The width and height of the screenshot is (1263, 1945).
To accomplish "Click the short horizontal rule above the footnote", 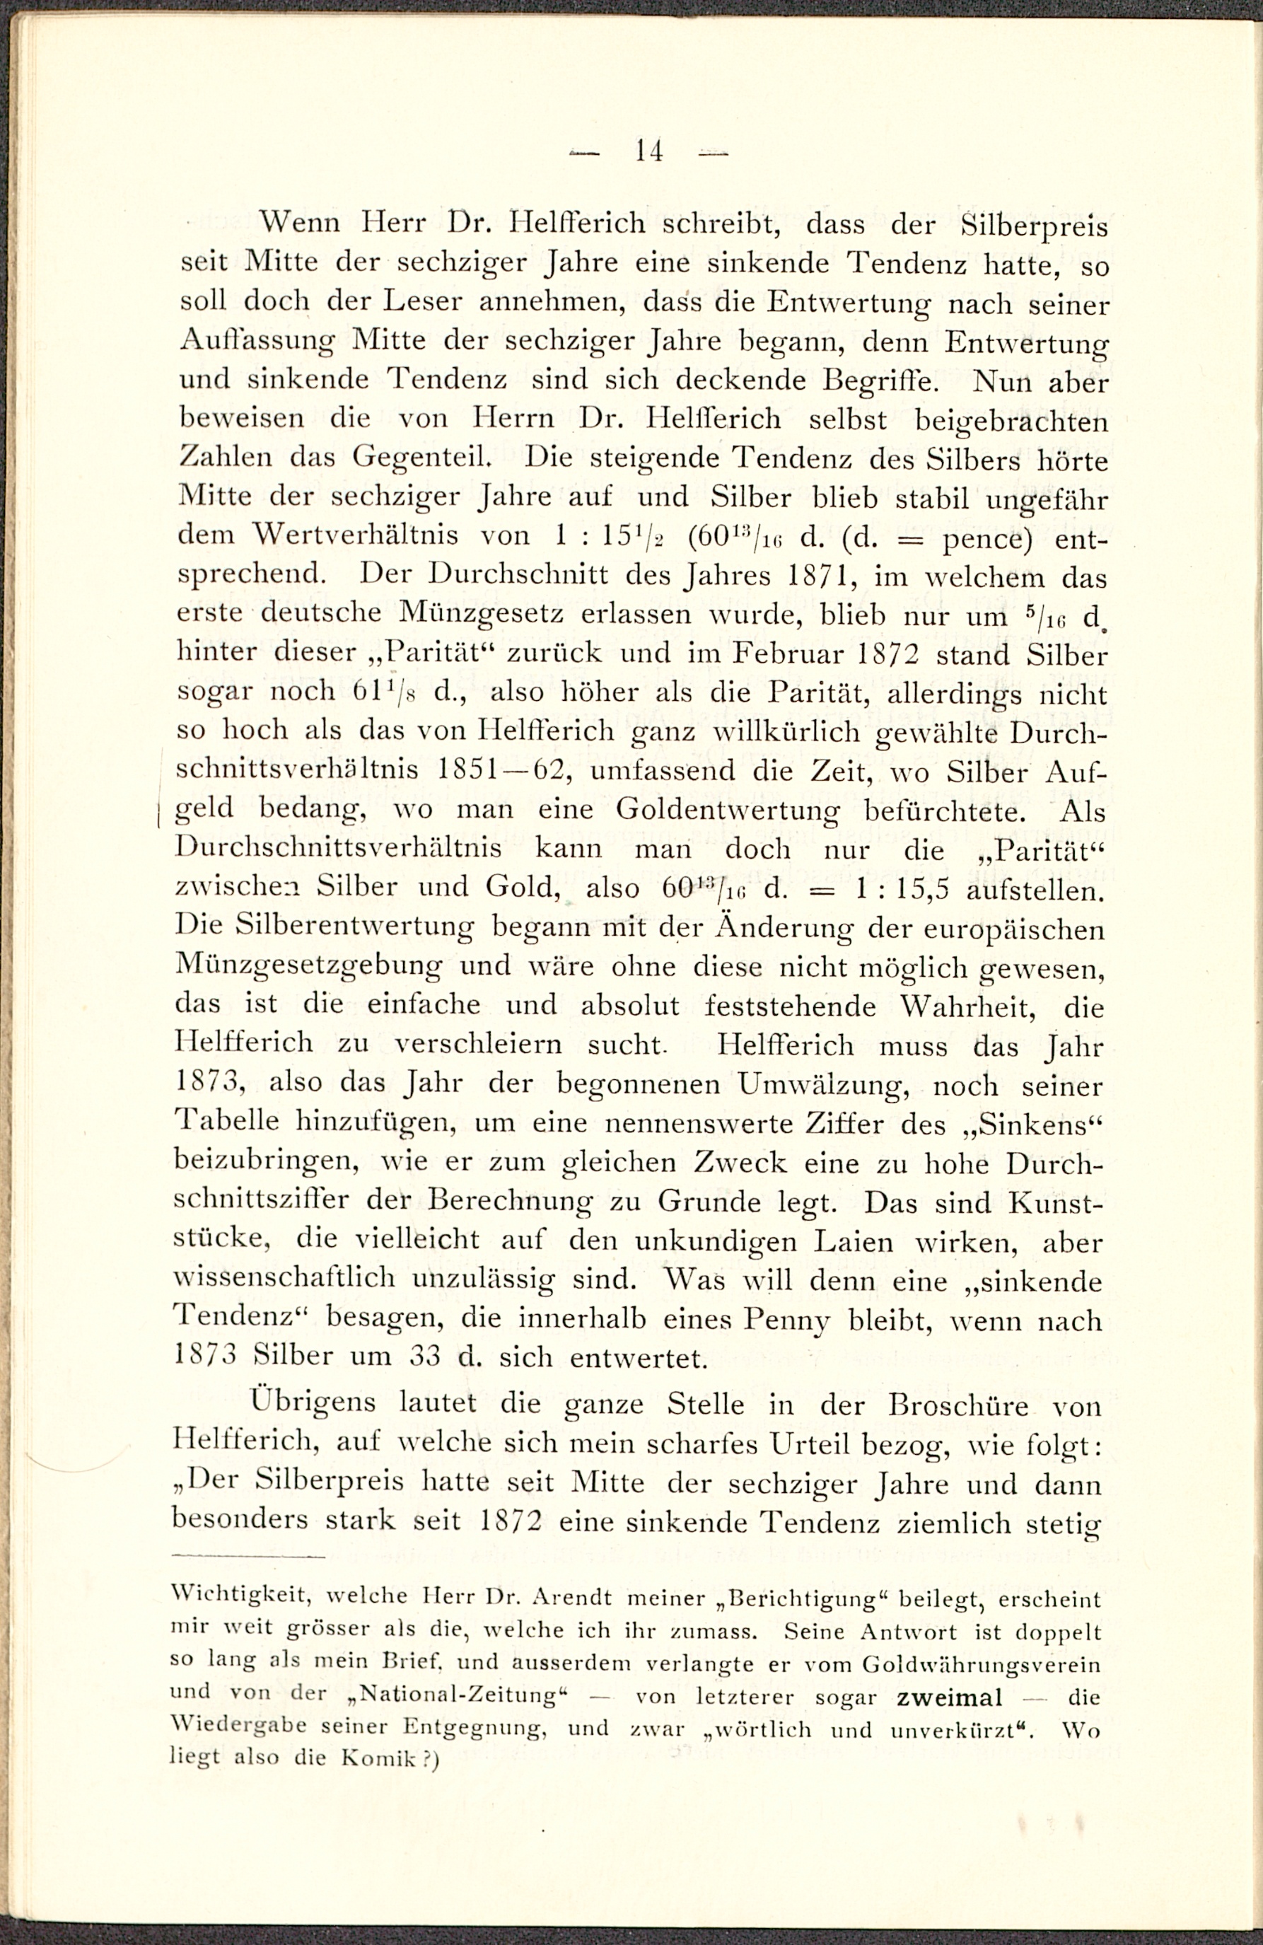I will tap(248, 1556).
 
